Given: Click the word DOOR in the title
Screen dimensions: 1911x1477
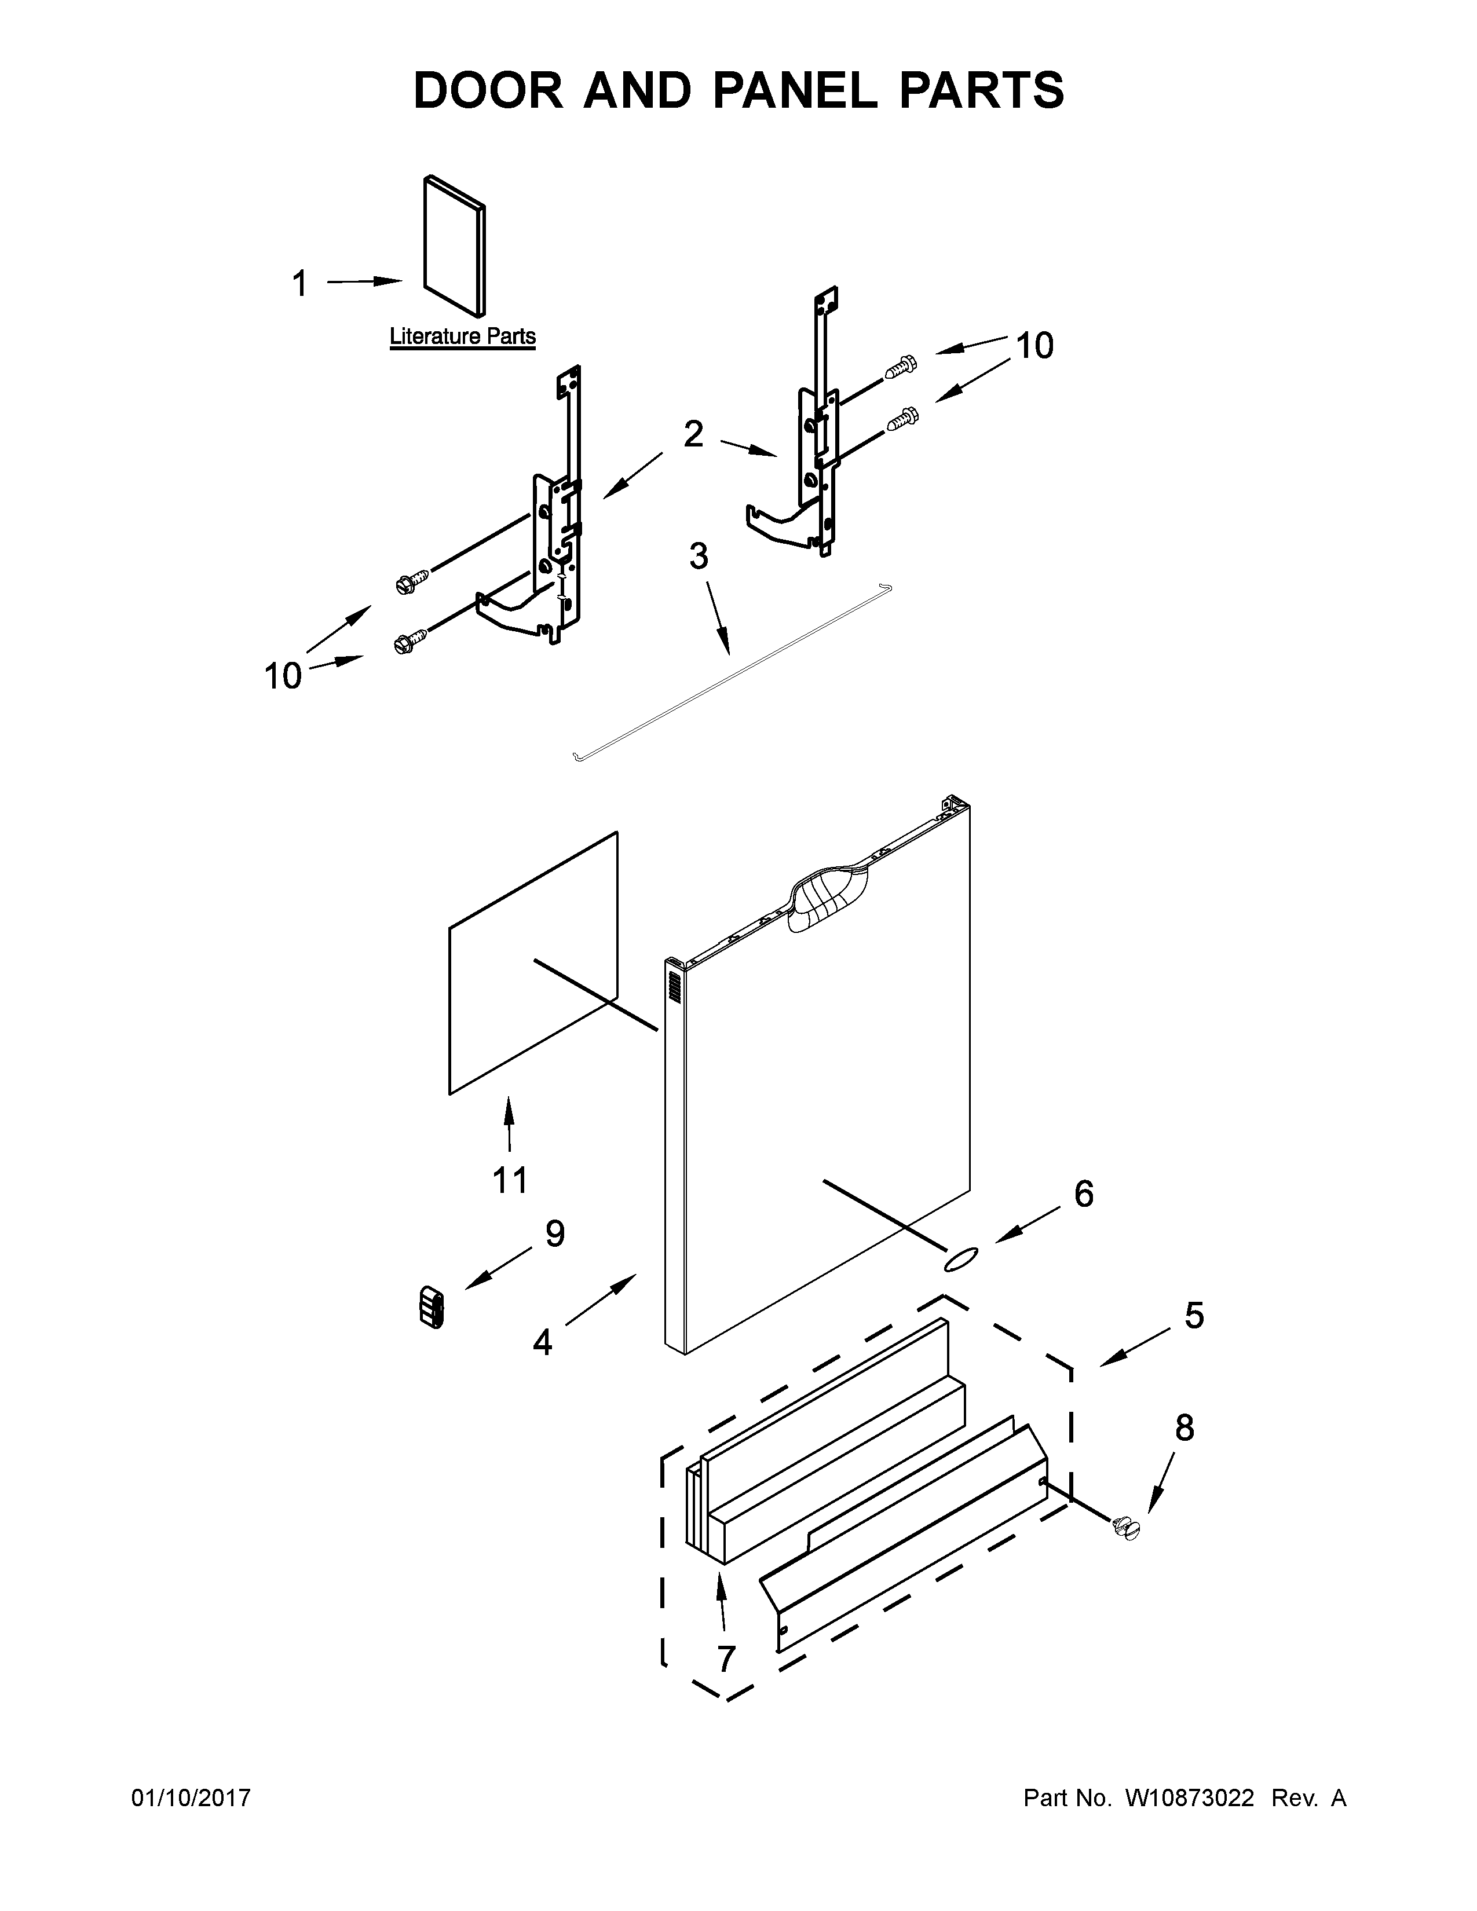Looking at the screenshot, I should [x=488, y=90].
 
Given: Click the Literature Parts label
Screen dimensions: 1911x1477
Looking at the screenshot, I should [x=462, y=336].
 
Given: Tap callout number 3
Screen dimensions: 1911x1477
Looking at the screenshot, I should [x=699, y=557].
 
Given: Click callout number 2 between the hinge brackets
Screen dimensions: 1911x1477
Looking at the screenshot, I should [x=693, y=434].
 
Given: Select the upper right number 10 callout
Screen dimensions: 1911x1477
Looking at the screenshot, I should [x=1034, y=346].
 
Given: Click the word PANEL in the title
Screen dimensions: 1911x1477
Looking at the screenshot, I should [x=794, y=90].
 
